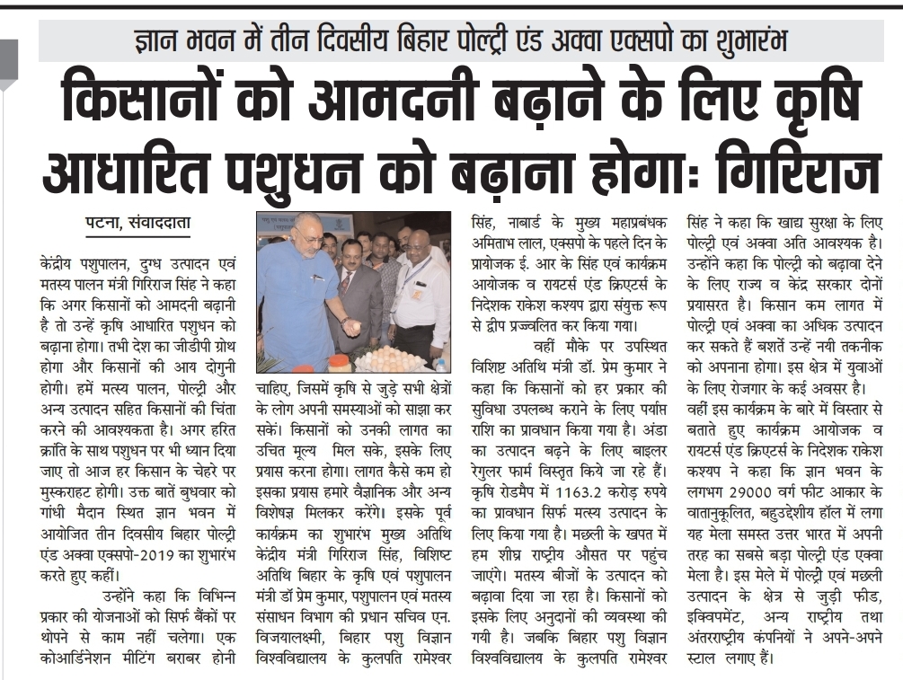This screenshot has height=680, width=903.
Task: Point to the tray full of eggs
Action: tap(395, 359)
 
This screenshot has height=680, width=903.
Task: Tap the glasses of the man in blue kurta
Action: tap(310, 239)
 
